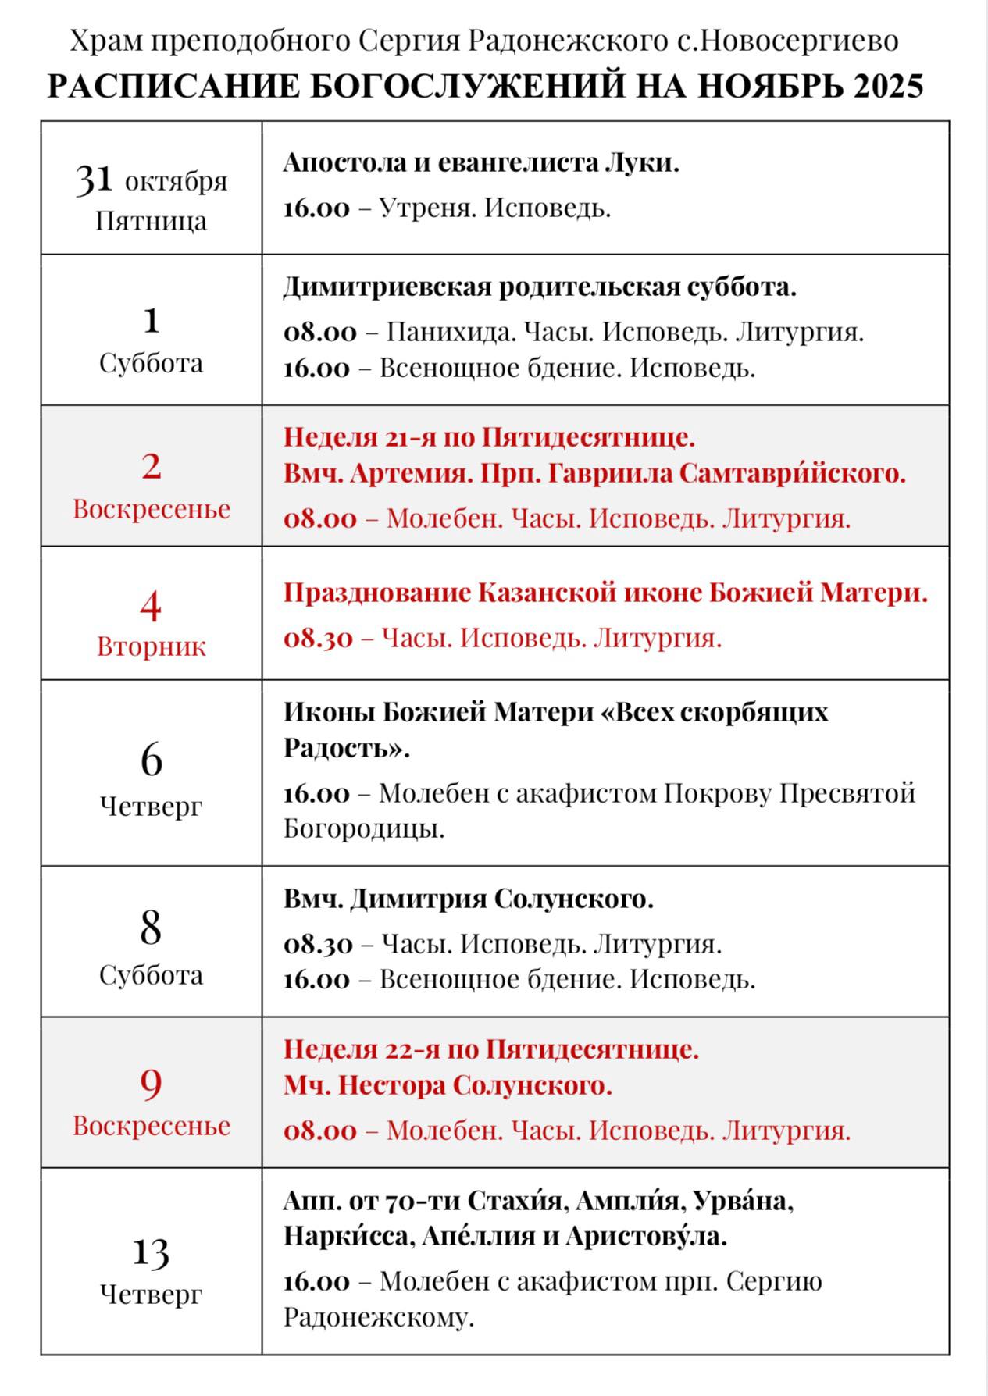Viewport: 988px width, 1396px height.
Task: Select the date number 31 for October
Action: (x=95, y=180)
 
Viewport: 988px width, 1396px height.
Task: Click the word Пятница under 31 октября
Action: (x=151, y=221)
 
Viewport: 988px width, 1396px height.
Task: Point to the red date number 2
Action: (x=151, y=466)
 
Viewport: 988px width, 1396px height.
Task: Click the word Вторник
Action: (x=151, y=646)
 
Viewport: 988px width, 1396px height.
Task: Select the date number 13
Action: (x=151, y=1251)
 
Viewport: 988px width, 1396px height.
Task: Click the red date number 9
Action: (x=151, y=1083)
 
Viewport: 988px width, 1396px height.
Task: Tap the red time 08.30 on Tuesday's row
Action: (x=318, y=639)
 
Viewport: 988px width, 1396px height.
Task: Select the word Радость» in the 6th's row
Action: (x=347, y=748)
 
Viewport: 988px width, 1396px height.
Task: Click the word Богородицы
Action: (x=364, y=828)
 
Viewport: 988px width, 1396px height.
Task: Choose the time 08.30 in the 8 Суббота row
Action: (x=318, y=944)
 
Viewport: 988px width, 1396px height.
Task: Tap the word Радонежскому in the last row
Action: (x=379, y=1317)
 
